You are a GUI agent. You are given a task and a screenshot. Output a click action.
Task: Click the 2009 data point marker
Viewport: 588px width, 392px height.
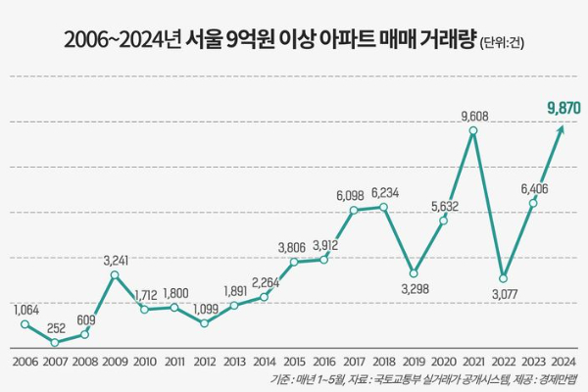(x=115, y=275)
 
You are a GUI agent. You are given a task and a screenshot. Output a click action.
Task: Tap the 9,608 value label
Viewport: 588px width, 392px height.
(x=473, y=117)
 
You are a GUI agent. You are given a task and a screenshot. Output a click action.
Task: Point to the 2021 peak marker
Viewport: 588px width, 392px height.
(x=473, y=130)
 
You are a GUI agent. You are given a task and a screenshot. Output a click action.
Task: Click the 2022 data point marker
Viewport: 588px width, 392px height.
(x=503, y=277)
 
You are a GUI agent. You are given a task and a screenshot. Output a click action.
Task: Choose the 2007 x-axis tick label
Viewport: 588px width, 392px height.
(x=55, y=362)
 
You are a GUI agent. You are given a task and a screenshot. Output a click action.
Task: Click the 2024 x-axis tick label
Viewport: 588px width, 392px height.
(x=563, y=362)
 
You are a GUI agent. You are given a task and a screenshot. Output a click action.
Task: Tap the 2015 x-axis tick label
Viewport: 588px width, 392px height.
(x=294, y=362)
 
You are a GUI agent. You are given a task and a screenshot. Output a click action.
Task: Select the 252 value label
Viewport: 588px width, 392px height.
(x=57, y=328)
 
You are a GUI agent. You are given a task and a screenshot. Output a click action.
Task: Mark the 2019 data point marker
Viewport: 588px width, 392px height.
(x=414, y=272)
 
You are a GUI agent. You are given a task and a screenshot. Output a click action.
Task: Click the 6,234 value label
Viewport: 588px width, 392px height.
(x=383, y=193)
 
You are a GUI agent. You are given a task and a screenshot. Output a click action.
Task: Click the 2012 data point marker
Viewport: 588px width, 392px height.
(x=204, y=322)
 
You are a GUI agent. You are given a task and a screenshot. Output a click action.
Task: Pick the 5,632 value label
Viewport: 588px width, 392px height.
(x=444, y=207)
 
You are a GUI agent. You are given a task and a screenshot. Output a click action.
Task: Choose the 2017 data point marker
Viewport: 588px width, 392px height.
(x=354, y=210)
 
